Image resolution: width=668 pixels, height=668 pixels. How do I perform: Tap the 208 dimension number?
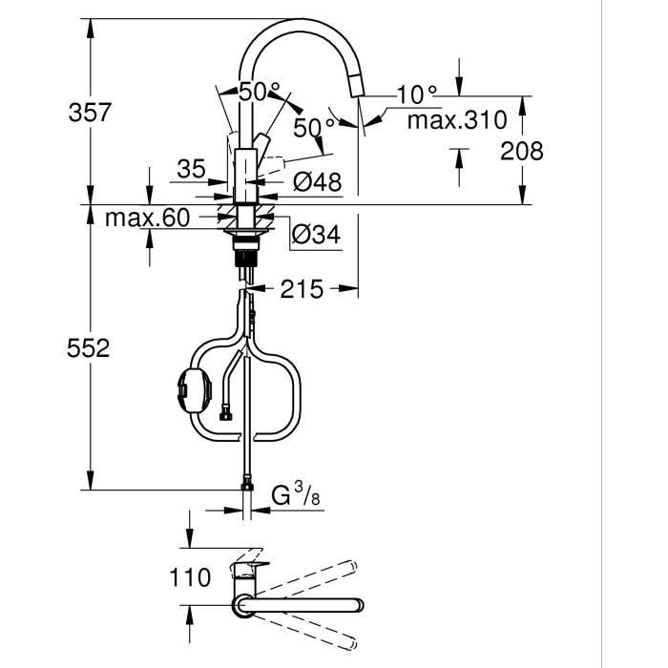521,151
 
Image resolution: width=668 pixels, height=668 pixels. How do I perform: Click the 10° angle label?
417,94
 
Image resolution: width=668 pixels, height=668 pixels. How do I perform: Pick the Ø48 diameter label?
317,181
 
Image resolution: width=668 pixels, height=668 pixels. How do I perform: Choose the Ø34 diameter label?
316,232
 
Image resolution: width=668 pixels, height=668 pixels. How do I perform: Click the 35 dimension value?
192,170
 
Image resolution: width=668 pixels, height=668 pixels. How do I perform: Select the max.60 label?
147,219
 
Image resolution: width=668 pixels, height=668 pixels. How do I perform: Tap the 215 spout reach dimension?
303,288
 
